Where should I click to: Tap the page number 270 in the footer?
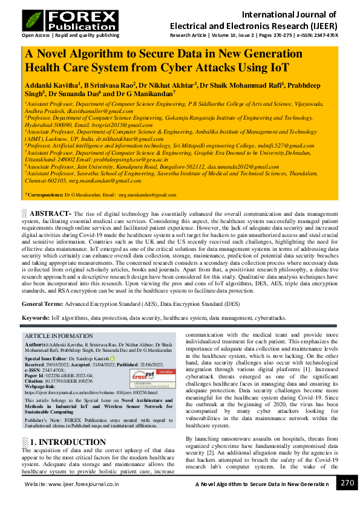(347, 483)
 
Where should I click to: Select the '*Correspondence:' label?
(44, 195)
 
